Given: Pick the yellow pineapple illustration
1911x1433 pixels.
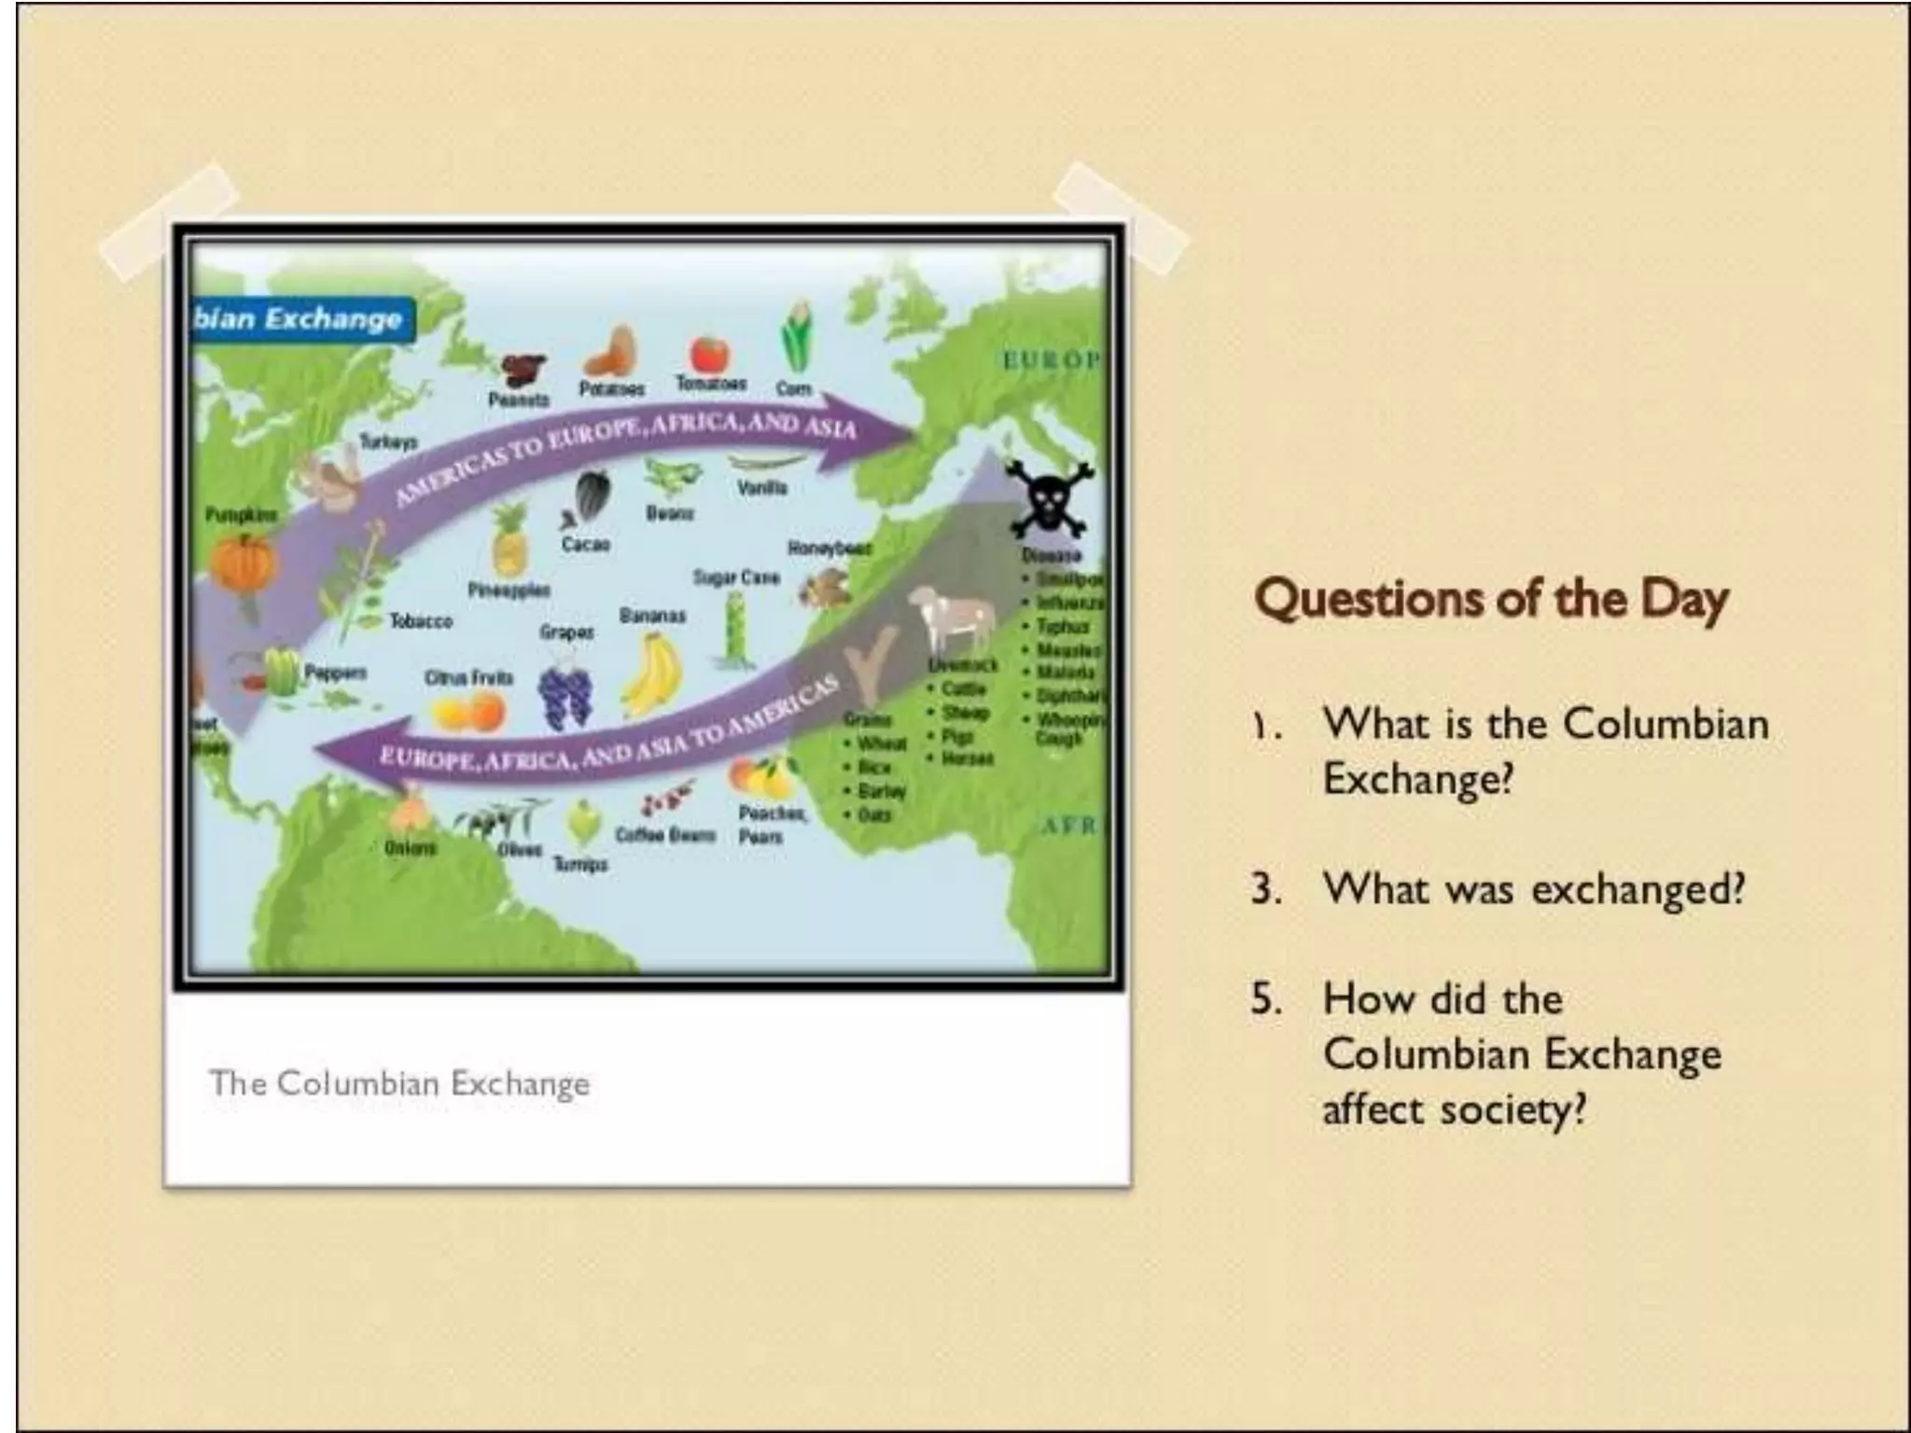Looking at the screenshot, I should tap(509, 542).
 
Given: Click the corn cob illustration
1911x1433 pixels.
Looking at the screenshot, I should tap(796, 336).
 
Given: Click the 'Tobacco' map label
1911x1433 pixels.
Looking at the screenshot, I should tap(421, 620).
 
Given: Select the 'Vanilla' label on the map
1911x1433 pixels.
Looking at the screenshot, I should tap(762, 487).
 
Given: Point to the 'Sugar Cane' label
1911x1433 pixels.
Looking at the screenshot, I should tap(735, 577).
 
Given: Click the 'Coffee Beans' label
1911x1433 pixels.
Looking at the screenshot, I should tap(665, 834).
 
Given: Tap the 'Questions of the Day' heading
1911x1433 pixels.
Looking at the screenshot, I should tap(1491, 598).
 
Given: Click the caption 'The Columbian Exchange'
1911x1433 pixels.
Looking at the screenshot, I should tap(399, 1083).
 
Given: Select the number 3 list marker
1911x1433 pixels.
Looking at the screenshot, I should tap(1265, 888).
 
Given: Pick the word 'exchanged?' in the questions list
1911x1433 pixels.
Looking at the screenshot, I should tap(1638, 888).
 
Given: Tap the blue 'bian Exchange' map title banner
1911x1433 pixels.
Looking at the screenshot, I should tap(300, 319).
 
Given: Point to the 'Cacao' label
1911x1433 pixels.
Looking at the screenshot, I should tap(586, 543).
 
